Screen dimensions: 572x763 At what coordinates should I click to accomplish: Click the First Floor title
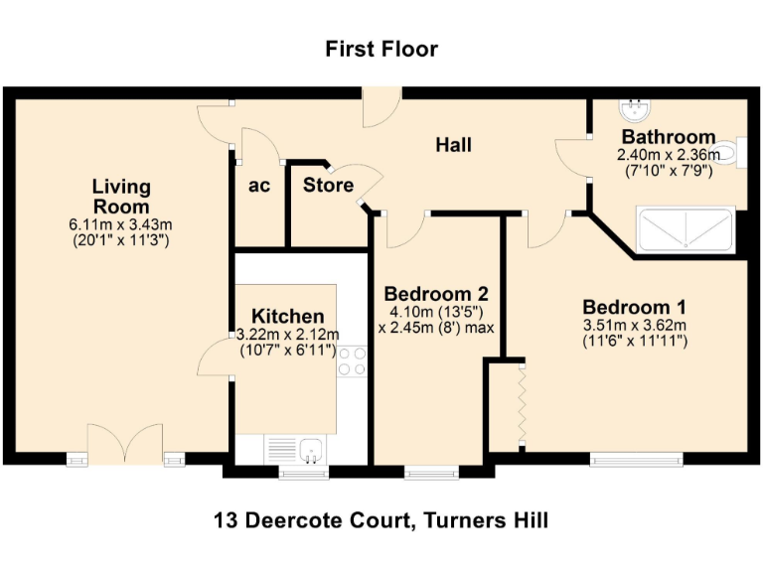click(381, 49)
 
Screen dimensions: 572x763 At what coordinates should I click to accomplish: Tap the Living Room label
click(121, 196)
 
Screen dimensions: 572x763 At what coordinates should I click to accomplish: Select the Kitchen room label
click(287, 316)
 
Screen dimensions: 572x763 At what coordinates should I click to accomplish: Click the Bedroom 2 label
click(436, 294)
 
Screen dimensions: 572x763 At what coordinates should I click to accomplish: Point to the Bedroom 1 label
click(634, 306)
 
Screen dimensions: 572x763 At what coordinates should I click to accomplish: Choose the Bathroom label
click(668, 137)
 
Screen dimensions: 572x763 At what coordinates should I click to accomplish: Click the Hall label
click(453, 145)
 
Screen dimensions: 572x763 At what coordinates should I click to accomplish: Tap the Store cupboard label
click(328, 185)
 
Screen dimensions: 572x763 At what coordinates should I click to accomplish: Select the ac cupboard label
click(259, 185)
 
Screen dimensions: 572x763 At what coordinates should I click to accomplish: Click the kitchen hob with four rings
click(352, 359)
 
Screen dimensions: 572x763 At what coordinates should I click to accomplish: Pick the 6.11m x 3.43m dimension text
click(121, 224)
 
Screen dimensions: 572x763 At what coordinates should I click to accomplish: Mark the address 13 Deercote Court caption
click(381, 519)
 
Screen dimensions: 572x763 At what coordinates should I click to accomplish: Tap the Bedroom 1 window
click(636, 459)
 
